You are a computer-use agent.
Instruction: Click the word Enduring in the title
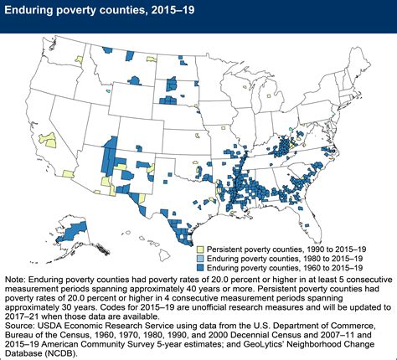coord(34,11)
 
